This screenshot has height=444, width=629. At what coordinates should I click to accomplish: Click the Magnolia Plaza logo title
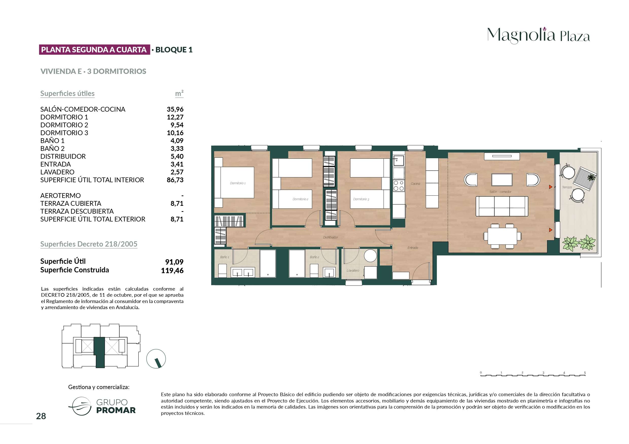pyautogui.click(x=538, y=35)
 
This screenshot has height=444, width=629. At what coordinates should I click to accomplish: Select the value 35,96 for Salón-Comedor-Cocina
pyautogui.click(x=175, y=109)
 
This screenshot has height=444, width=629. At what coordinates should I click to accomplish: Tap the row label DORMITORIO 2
pyautogui.click(x=64, y=125)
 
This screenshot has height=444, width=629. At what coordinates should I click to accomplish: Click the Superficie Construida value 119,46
pyautogui.click(x=172, y=271)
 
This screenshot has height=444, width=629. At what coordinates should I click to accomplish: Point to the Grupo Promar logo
pyautogui.click(x=102, y=406)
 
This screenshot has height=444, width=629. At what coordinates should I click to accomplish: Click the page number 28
pyautogui.click(x=41, y=416)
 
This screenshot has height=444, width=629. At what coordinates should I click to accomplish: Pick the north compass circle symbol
pyautogui.click(x=156, y=359)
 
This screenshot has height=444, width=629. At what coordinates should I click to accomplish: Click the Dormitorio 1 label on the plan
pyautogui.click(x=238, y=183)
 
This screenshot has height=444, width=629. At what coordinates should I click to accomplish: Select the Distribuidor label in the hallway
pyautogui.click(x=330, y=237)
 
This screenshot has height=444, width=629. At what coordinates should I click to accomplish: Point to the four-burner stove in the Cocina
pyautogui.click(x=399, y=186)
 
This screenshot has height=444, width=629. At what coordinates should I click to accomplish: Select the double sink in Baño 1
pyautogui.click(x=243, y=272)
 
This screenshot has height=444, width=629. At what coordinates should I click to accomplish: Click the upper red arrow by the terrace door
pyautogui.click(x=551, y=187)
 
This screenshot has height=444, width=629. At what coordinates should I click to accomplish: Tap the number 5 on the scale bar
pyautogui.click(x=585, y=373)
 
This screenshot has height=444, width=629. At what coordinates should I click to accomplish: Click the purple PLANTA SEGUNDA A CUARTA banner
pyautogui.click(x=95, y=50)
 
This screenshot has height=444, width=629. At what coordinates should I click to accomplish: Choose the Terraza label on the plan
pyautogui.click(x=567, y=187)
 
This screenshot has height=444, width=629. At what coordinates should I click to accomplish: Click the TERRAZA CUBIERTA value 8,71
pyautogui.click(x=177, y=204)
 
